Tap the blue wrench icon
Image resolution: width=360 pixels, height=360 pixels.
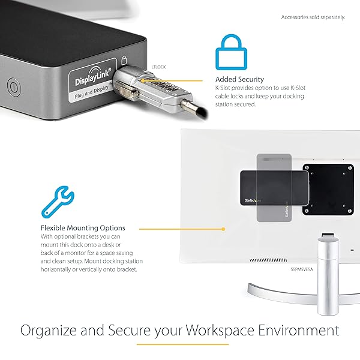click(58, 202)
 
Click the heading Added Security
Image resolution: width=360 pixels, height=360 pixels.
click(239, 79)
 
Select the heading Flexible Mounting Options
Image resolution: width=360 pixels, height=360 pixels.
click(83, 228)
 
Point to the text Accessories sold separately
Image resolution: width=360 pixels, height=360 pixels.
click(313, 17)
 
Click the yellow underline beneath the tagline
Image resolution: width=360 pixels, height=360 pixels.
click(182, 344)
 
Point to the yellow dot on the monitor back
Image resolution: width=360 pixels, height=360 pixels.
click(223, 229)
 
